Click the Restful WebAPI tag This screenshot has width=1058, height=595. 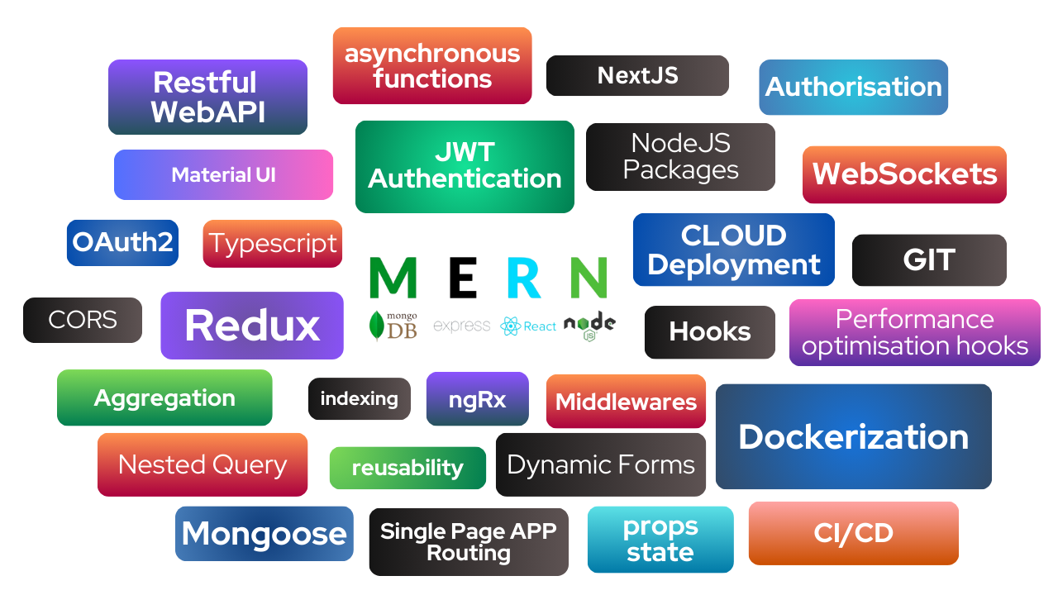[x=207, y=97]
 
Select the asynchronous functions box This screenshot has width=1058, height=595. [x=431, y=66]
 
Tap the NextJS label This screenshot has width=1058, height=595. [x=637, y=76]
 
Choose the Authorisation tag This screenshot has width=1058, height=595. [x=853, y=87]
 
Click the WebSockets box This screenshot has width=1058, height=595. [x=904, y=174]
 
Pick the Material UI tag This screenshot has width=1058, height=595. [x=223, y=175]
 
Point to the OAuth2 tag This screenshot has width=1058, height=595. [x=122, y=243]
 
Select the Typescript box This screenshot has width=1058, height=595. [x=273, y=244]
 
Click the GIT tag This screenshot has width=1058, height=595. [x=929, y=260]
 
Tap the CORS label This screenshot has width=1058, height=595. [x=83, y=320]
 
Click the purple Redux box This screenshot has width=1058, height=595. [x=252, y=326]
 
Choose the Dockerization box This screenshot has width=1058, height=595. [x=853, y=436]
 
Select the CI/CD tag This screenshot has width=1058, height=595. [x=853, y=533]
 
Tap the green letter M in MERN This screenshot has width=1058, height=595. [x=393, y=278]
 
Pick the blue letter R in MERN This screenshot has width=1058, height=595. [x=523, y=278]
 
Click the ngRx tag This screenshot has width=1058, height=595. [x=477, y=399]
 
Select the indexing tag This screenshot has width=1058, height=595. [x=359, y=399]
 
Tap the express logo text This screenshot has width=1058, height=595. [x=462, y=326]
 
